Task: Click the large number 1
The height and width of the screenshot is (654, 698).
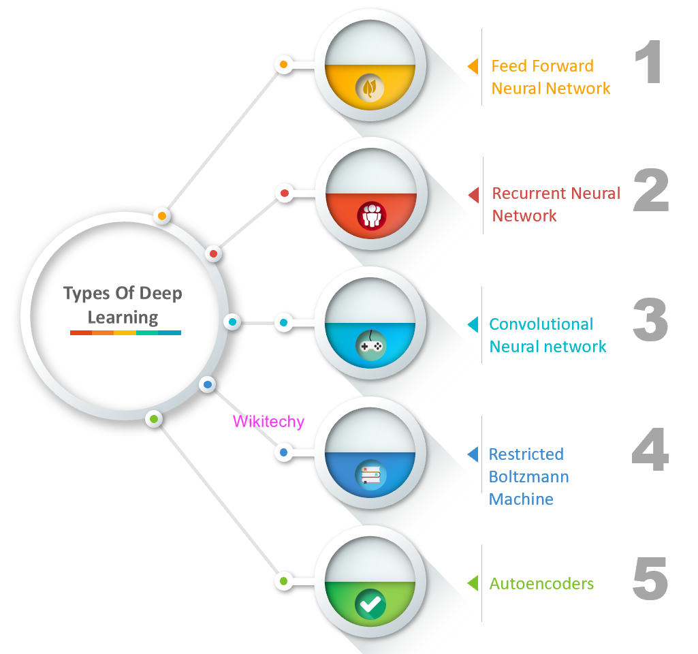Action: tap(650, 63)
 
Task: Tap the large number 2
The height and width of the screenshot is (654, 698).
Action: tap(651, 191)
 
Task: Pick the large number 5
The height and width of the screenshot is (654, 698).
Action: tap(650, 578)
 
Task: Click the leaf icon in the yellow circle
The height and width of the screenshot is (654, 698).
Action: tap(370, 88)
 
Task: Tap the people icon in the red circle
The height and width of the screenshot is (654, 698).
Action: tap(371, 216)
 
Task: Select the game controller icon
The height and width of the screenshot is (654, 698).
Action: tap(370, 346)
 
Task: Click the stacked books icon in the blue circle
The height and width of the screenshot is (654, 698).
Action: tap(371, 474)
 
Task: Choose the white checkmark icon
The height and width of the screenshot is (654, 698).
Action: tap(370, 604)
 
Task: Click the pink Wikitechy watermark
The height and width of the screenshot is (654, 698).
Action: tap(268, 422)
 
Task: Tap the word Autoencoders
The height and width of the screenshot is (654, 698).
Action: tap(541, 584)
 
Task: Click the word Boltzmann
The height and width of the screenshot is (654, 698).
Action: tap(528, 476)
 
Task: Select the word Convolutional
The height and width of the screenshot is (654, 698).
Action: tap(541, 324)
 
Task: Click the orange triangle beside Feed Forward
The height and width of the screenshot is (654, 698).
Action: tap(473, 66)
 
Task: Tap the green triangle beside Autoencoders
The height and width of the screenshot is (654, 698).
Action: tap(473, 583)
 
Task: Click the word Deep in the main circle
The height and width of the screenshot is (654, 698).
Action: tap(161, 294)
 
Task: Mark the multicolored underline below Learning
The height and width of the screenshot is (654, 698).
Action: tap(125, 332)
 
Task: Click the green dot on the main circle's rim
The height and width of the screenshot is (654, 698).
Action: tap(155, 418)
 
